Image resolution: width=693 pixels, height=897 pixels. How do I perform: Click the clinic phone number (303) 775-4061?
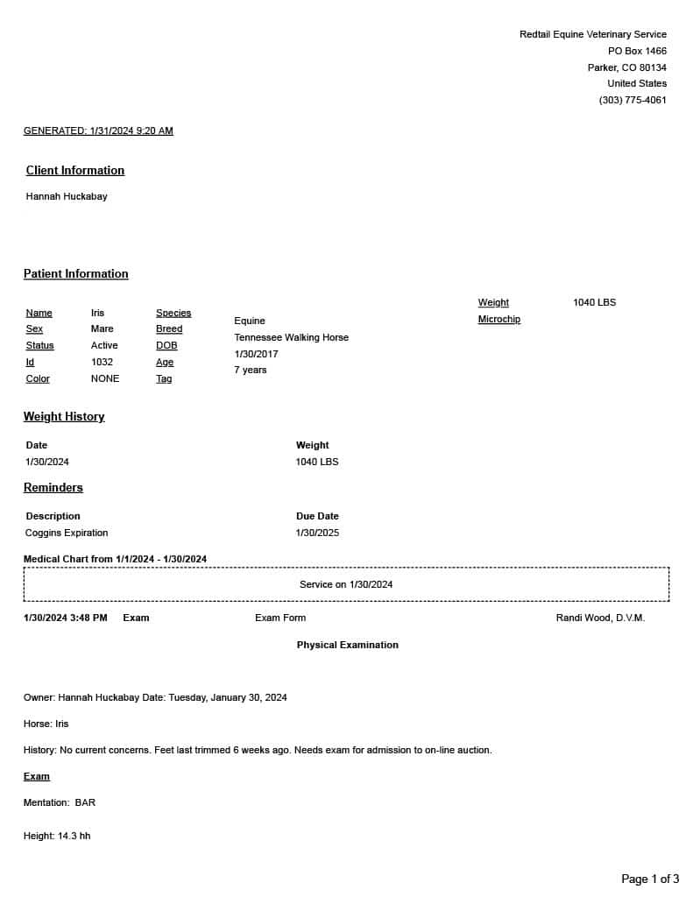633,100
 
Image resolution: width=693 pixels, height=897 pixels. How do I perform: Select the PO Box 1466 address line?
637,52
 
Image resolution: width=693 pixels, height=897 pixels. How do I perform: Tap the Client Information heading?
75,171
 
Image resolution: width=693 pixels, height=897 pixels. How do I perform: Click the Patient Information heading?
76,274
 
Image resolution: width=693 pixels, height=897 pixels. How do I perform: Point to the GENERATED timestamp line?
98,131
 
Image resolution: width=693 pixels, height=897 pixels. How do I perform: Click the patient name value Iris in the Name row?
97,313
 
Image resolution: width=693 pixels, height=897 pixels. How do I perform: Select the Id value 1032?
102,362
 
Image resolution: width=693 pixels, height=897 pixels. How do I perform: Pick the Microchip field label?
499,320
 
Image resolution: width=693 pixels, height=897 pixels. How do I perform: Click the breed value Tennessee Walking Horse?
291,337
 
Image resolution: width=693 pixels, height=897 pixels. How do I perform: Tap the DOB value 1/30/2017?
256,354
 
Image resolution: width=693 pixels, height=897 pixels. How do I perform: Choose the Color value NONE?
105,378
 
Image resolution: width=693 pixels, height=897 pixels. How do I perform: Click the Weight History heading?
64,417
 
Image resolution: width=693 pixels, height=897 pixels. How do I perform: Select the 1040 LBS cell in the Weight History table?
317,462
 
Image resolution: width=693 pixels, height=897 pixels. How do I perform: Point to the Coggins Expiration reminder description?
67,533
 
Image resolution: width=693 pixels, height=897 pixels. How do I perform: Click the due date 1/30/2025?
317,533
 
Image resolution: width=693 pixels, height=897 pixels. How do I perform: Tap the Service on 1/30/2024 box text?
346,584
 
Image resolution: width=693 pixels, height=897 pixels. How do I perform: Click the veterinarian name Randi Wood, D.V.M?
600,618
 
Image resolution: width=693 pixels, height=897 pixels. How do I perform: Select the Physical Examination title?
347,645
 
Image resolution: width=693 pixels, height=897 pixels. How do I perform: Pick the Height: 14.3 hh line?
57,837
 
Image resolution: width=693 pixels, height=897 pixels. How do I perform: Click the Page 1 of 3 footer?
650,879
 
